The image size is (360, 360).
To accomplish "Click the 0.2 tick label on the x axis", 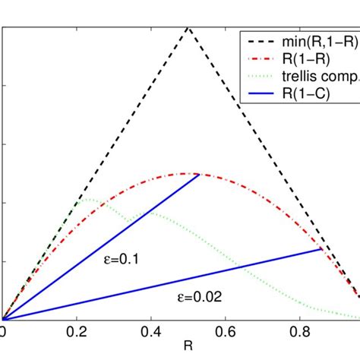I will (77, 333).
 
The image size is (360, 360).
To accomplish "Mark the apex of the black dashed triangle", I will (188, 27).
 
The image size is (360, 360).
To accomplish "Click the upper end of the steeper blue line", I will (199, 174).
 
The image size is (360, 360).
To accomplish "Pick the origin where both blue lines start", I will (2, 320).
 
